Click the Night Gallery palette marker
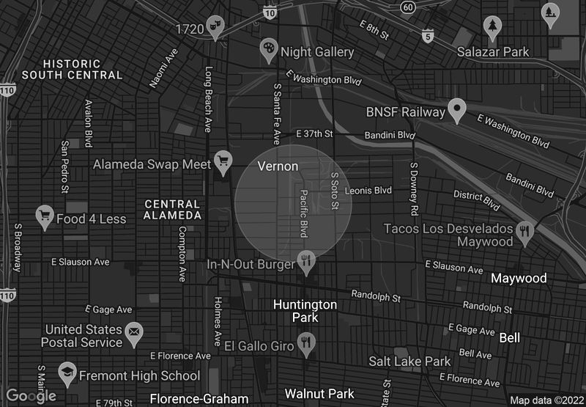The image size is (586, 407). pyautogui.click(x=269, y=50)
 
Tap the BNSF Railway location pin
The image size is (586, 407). pyautogui.click(x=458, y=110)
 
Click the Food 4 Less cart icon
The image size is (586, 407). pyautogui.click(x=45, y=217)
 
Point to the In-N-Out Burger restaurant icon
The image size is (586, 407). pyautogui.click(x=306, y=260)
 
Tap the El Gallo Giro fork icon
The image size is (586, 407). pyautogui.click(x=306, y=343)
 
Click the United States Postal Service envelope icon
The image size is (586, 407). pyautogui.click(x=133, y=334)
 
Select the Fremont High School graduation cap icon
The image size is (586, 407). pyautogui.click(x=67, y=373)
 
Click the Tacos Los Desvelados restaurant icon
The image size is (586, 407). pyautogui.click(x=524, y=233)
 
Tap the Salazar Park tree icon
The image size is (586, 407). pyautogui.click(x=493, y=27)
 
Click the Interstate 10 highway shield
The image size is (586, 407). pyautogui.click(x=270, y=12)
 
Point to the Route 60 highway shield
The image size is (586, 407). pyautogui.click(x=408, y=7)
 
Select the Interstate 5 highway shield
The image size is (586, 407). pyautogui.click(x=428, y=35)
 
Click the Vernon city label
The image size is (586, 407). pyautogui.click(x=278, y=166)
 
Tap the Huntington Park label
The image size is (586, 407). pyautogui.click(x=305, y=311)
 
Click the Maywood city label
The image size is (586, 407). pyautogui.click(x=519, y=279)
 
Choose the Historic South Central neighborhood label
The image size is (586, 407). pyautogui.click(x=73, y=69)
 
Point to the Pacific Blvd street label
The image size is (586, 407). pyautogui.click(x=303, y=213)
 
